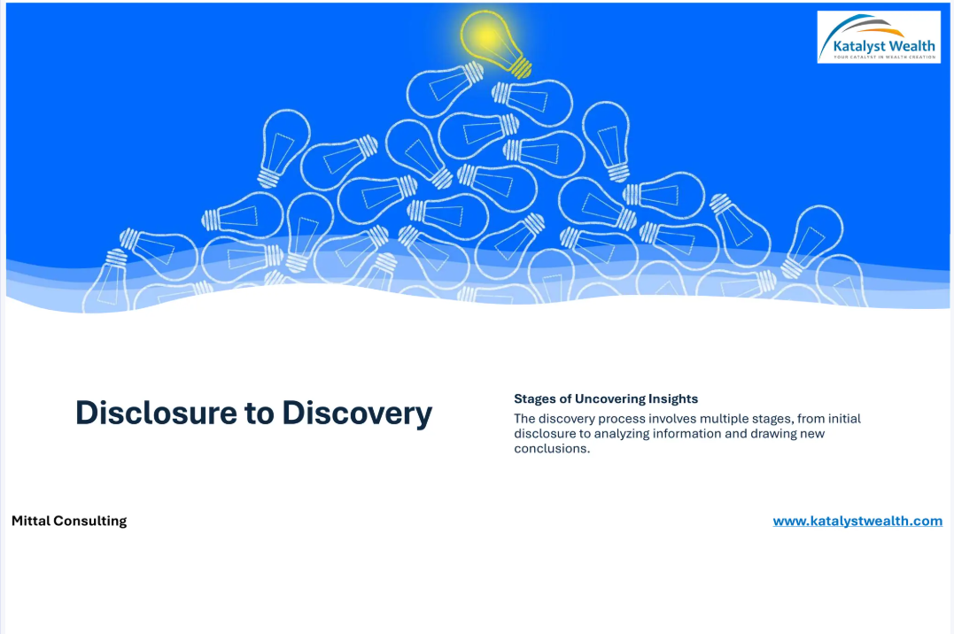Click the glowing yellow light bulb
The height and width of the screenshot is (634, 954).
(494, 43)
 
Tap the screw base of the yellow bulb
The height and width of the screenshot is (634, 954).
(522, 67)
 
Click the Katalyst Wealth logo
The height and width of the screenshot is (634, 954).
(879, 36)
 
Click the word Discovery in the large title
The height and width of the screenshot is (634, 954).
(357, 414)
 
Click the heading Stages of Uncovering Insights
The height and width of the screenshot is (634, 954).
(606, 399)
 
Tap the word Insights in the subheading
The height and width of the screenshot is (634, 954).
(673, 399)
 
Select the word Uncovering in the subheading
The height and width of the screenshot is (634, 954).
(609, 399)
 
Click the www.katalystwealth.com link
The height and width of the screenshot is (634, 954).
(857, 521)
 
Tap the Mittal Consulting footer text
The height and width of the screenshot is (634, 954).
(69, 521)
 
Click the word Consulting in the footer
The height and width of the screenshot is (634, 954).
(90, 521)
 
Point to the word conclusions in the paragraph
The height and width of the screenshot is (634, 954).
(552, 449)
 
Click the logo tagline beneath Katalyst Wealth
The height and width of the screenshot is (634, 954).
(885, 58)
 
